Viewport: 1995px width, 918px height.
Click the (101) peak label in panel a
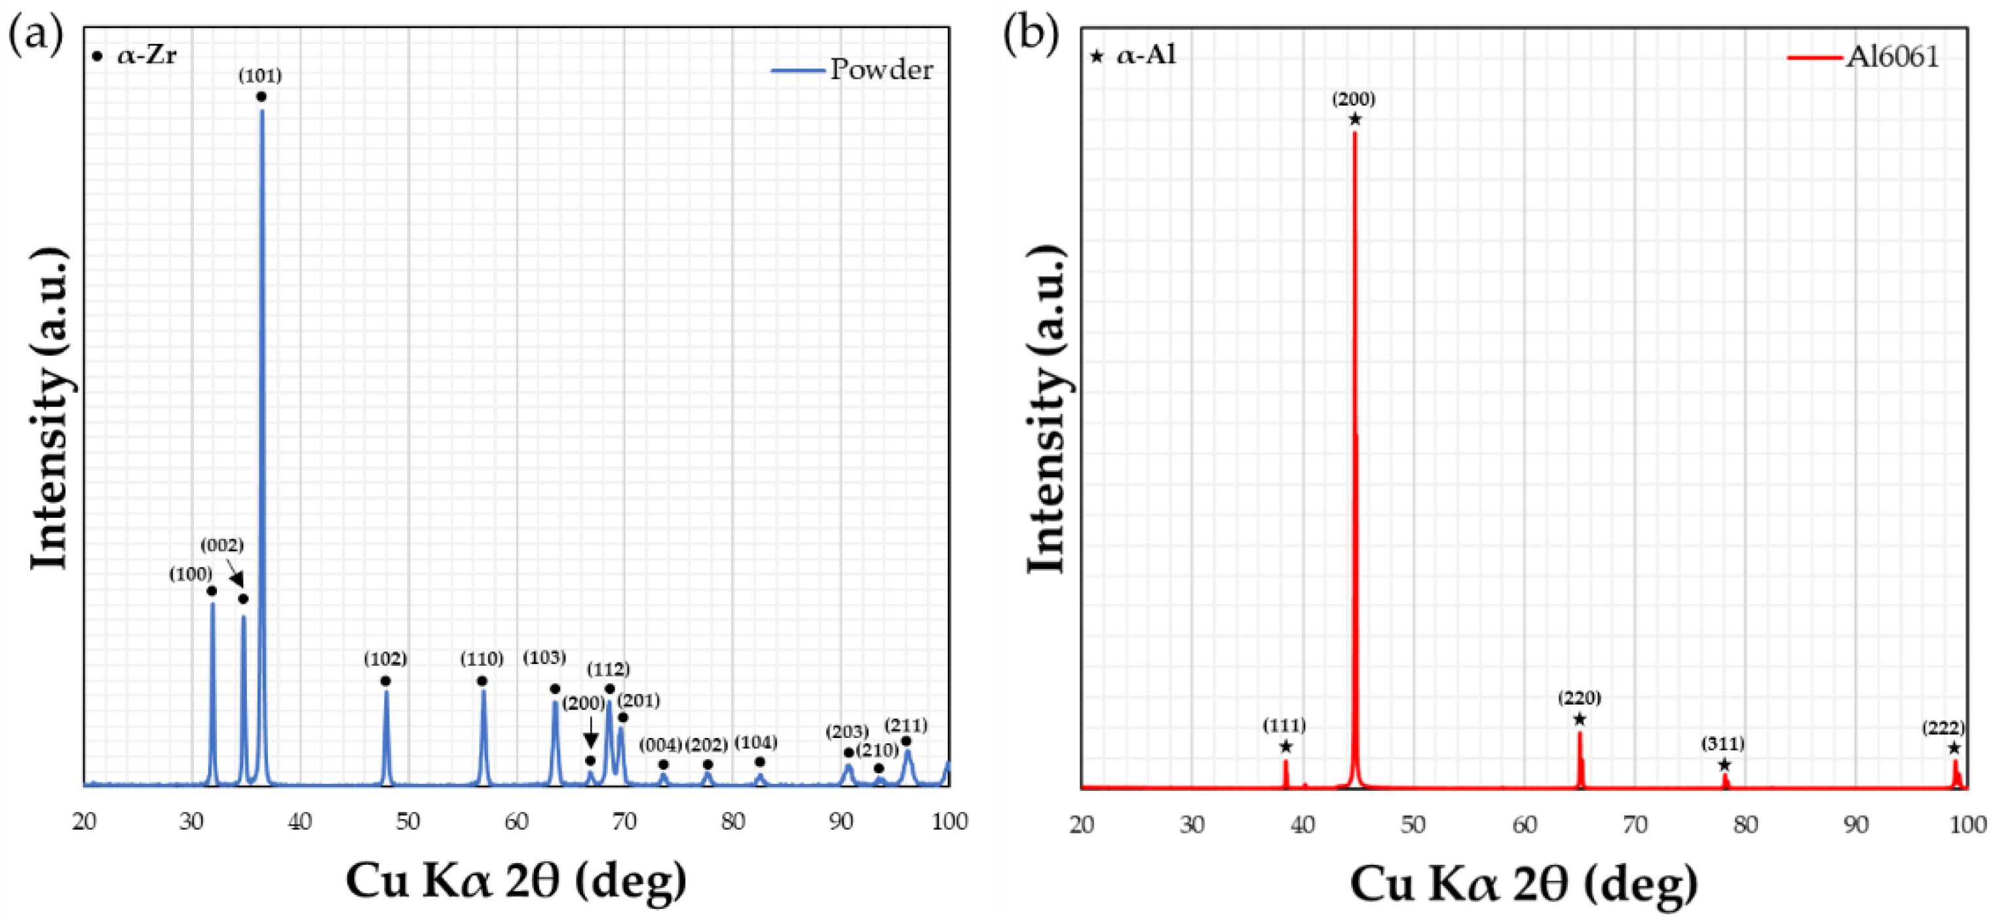point(259,76)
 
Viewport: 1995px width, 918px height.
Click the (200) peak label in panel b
point(1353,99)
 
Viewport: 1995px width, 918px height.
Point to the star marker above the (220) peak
point(1579,720)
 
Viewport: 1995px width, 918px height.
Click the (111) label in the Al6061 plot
point(1284,725)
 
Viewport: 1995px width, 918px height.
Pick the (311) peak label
point(1722,744)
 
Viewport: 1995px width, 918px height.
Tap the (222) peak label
point(1943,727)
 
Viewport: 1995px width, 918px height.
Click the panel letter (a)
point(35,35)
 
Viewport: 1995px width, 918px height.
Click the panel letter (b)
point(1031,35)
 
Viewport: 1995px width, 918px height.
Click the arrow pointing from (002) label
point(235,575)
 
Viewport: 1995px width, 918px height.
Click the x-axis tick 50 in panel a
point(408,821)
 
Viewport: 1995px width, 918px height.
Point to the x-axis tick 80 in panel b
point(1745,825)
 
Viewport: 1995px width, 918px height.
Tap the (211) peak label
point(905,725)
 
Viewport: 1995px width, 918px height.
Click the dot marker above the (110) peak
point(482,681)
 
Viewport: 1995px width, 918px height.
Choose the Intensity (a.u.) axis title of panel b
point(1047,411)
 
